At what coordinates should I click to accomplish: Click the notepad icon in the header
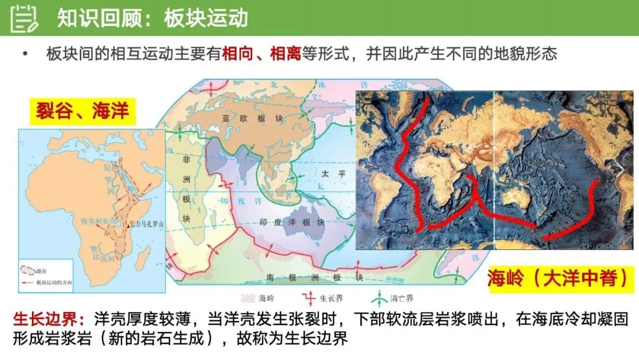click(24, 18)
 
